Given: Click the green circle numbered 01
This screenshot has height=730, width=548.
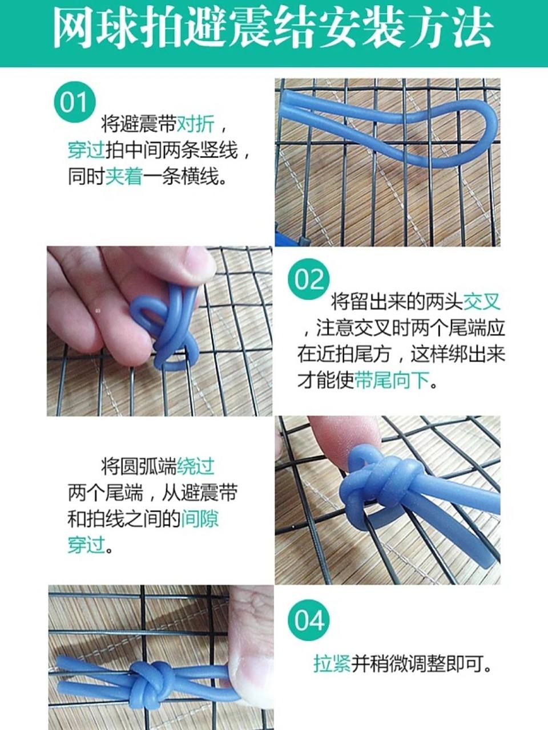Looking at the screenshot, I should pyautogui.click(x=74, y=104).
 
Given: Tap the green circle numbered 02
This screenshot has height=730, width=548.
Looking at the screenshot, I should pyautogui.click(x=309, y=280).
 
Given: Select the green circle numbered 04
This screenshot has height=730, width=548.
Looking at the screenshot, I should pyautogui.click(x=309, y=620).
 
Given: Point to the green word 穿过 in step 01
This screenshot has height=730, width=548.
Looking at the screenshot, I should pyautogui.click(x=86, y=151).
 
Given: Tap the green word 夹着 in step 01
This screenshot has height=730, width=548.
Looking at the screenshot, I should pyautogui.click(x=123, y=177).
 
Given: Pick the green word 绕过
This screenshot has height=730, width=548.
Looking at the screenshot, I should pyautogui.click(x=196, y=466).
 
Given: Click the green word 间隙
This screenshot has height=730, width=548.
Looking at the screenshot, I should pyautogui.click(x=200, y=519).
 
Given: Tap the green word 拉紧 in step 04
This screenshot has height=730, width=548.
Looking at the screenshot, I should pyautogui.click(x=332, y=663).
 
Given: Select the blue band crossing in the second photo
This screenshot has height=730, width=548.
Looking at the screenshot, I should pyautogui.click(x=171, y=336).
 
